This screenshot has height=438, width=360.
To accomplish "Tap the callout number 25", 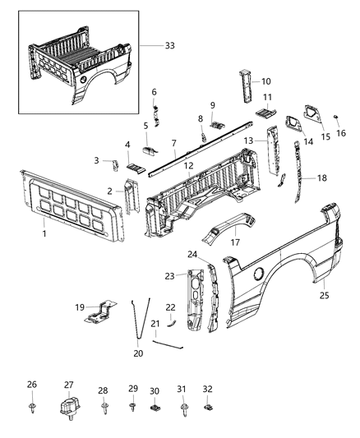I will pyautogui.click(x=325, y=294).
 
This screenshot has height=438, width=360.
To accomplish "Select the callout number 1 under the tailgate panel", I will pyautogui.click(x=44, y=234).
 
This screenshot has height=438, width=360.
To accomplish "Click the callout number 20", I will pyautogui.click(x=137, y=353).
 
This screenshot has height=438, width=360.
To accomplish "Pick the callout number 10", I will pyautogui.click(x=265, y=81).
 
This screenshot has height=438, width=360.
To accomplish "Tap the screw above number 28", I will pyautogui.click(x=104, y=405).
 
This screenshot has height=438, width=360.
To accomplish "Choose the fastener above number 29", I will pyautogui.click(x=132, y=405).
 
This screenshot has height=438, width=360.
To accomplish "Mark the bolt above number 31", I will pyautogui.click(x=182, y=405).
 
